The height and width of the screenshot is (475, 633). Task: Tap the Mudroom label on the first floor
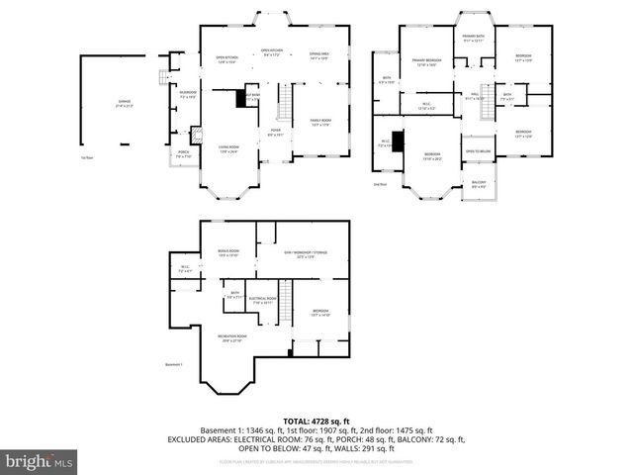tap(187, 95)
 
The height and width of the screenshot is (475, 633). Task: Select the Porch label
tap(183, 153)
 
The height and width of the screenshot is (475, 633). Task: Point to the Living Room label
tap(229, 149)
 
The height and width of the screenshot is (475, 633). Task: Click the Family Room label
tap(320, 124)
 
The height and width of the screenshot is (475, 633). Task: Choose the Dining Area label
tap(318, 55)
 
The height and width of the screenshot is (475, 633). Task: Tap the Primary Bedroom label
tap(426, 63)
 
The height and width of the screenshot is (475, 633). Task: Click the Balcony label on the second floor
tap(478, 183)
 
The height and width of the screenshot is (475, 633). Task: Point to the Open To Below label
tap(478, 151)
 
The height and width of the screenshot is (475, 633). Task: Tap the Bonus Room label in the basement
tap(227, 252)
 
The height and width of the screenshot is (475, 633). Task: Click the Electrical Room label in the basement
tap(262, 299)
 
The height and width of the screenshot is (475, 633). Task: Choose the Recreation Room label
tap(232, 338)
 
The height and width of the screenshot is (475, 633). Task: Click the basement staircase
tap(287, 300)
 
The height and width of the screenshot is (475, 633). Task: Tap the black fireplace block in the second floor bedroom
tap(399, 143)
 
